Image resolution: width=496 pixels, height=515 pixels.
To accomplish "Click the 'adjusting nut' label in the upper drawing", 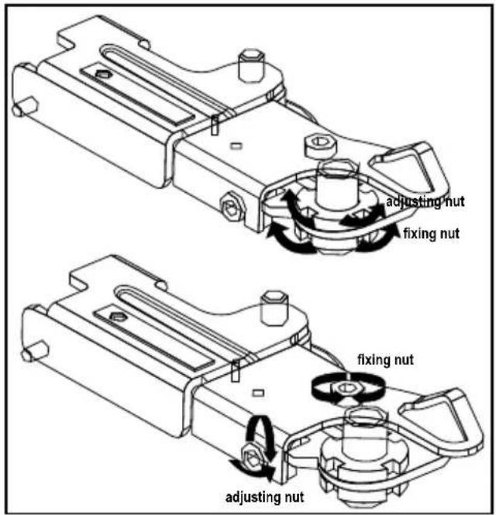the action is [425, 201].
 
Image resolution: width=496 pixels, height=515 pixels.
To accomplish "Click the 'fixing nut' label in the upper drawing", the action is [431, 234].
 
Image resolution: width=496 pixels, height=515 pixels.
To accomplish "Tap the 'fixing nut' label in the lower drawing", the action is [385, 359].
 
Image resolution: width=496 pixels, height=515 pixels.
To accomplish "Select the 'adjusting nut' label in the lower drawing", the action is [264, 496].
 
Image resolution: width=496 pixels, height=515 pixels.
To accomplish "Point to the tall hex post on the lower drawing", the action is [274, 309].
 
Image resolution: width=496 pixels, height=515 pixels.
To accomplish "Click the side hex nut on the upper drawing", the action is [232, 207].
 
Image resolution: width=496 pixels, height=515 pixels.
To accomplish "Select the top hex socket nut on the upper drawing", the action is [319, 145].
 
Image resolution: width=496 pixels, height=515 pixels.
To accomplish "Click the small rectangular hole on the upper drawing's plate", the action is [236, 146].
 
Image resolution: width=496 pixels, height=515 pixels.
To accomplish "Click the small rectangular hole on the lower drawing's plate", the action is [258, 393].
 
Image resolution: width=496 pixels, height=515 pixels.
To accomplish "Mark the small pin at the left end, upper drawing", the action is [25, 107].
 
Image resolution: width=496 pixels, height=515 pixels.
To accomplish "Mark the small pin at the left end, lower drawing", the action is [35, 352].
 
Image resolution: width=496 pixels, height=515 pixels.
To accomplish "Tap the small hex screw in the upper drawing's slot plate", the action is [105, 75].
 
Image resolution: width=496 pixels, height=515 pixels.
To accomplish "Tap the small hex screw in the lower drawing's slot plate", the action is [117, 317].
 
